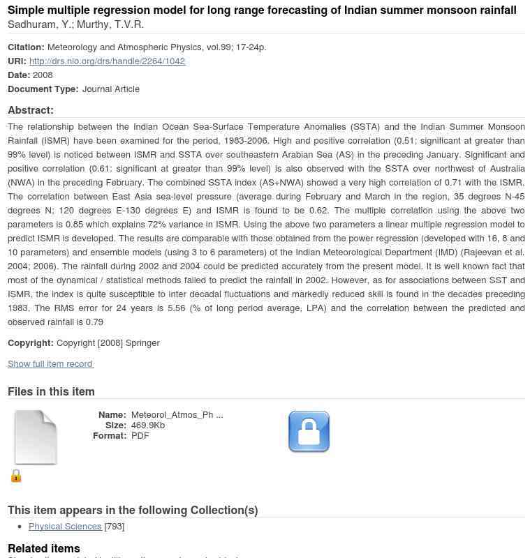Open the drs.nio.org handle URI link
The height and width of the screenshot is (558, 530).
tap(107, 61)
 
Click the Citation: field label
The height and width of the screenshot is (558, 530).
tap(26, 47)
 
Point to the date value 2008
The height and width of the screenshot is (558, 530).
tap(43, 75)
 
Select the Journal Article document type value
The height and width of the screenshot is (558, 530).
tap(110, 89)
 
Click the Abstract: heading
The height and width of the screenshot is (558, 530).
tap(31, 110)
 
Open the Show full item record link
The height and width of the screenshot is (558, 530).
tap(50, 364)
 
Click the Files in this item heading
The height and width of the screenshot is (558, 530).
tap(51, 392)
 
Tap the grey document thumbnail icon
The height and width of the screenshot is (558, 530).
tap(36, 437)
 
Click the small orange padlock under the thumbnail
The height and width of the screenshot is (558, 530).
tap(16, 476)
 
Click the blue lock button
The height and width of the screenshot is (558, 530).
tap(309, 432)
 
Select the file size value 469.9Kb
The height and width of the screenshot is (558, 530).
tap(148, 425)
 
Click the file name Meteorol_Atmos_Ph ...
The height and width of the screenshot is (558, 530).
tap(177, 415)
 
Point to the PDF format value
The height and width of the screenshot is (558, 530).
tap(140, 436)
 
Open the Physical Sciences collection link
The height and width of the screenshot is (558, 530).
tap(65, 527)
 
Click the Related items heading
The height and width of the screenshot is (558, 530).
tap(44, 549)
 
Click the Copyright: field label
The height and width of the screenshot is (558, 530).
tap(31, 343)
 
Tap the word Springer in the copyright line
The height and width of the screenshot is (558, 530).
tap(142, 343)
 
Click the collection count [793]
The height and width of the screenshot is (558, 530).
tap(115, 527)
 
